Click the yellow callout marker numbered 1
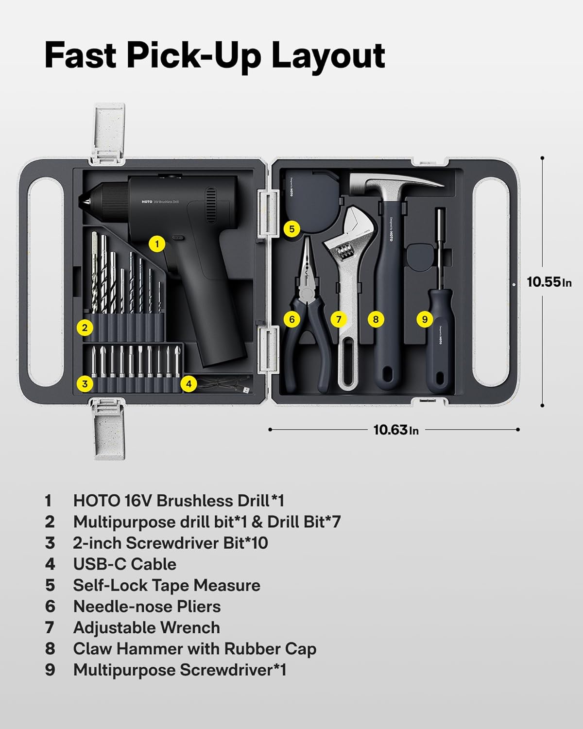click(156, 243)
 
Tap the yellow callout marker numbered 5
click(291, 228)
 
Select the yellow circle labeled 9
click(425, 319)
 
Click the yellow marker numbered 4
click(189, 384)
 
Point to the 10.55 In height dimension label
click(549, 282)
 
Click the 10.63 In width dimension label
click(395, 430)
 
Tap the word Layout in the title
click(328, 55)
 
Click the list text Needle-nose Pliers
click(147, 607)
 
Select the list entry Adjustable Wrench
click(146, 627)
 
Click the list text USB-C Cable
click(124, 564)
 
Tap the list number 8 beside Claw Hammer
click(50, 649)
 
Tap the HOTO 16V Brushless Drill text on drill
click(160, 201)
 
